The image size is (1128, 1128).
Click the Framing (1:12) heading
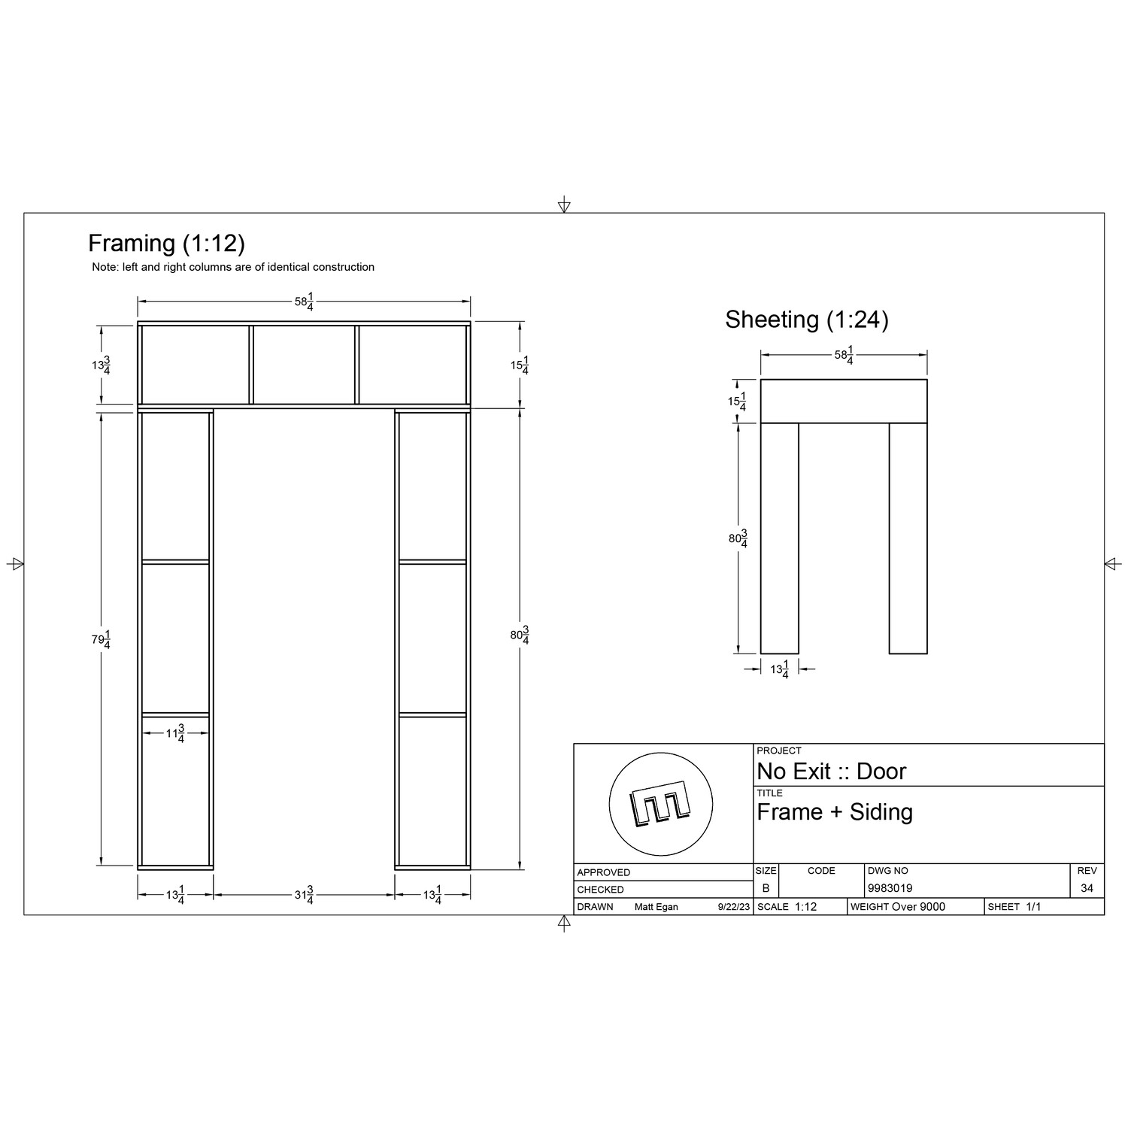pos(166,244)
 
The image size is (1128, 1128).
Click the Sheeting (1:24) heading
pos(806,320)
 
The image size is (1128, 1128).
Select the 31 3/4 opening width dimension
pos(304,896)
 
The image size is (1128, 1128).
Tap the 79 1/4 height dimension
pos(101,640)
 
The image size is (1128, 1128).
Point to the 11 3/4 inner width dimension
pos(175,734)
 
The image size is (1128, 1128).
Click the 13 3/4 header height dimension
pos(101,365)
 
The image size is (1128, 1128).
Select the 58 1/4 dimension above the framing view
pos(304,302)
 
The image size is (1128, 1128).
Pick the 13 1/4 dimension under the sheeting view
pos(779,669)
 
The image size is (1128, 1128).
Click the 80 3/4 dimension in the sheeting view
pos(738,538)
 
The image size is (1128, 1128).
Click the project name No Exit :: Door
pos(831,772)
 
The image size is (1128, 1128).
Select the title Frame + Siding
pos(834,812)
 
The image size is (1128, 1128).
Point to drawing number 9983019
pos(890,888)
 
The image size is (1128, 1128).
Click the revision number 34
pos(1087,888)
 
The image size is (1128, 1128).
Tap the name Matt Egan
pos(656,907)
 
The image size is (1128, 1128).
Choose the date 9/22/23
pos(734,907)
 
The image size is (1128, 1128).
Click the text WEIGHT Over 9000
pos(897,907)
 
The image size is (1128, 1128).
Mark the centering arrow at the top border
pos(564,205)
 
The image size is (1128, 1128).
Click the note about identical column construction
pos(233,267)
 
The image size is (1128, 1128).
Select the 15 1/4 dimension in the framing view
pos(519,366)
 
